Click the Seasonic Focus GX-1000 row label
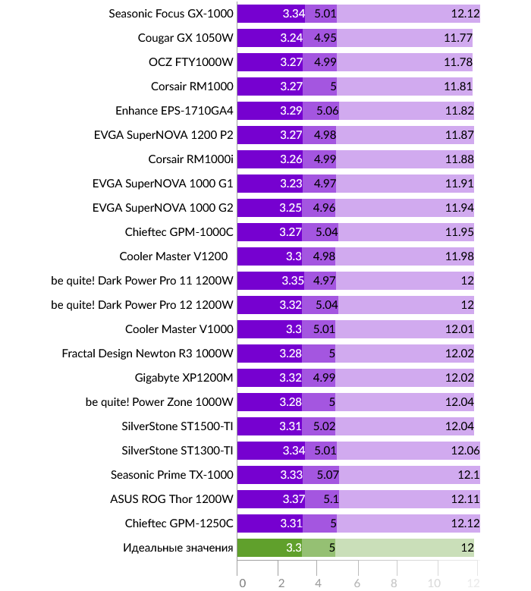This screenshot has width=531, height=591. pos(171,14)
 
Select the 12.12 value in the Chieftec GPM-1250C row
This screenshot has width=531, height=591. pos(464,523)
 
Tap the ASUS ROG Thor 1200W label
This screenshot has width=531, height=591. pos(171,499)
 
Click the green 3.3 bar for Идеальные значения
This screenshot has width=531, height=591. pos(269,548)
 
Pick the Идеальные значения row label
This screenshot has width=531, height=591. pos(178,548)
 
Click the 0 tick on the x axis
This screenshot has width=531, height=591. pos(241,582)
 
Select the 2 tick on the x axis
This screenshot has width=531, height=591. pos(281,582)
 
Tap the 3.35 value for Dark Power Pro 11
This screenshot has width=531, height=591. pos(292,281)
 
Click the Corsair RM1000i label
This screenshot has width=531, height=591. pos(191,159)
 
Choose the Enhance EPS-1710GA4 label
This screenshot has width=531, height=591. pos(174,111)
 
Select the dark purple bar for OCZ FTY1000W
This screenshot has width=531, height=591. pos(269,62)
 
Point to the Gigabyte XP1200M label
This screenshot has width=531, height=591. pos(184,378)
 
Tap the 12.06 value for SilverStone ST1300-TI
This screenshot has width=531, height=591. pos(465,451)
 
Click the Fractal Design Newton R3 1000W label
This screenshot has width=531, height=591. pos(148,354)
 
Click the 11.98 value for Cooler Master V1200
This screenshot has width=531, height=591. pos(460,256)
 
